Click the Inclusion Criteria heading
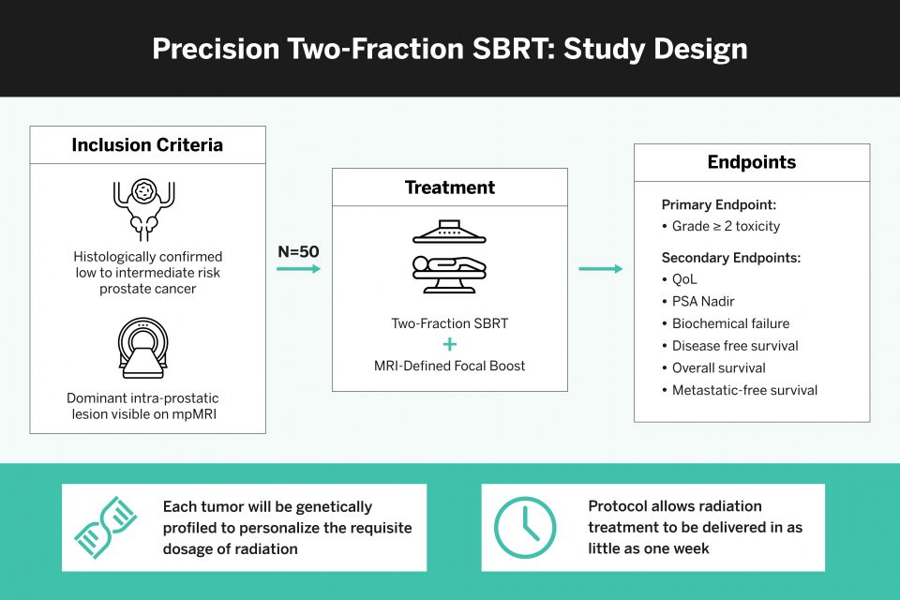click(x=147, y=145)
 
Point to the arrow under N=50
click(x=298, y=270)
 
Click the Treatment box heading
click(x=449, y=187)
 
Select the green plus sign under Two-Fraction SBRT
click(x=450, y=344)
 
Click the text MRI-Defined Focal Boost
click(x=450, y=366)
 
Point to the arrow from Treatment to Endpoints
click(x=600, y=270)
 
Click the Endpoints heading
click(x=751, y=162)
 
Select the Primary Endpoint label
click(x=719, y=204)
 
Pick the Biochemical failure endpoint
click(x=730, y=323)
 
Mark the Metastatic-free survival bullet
click(x=744, y=390)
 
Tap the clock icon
click(x=525, y=528)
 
